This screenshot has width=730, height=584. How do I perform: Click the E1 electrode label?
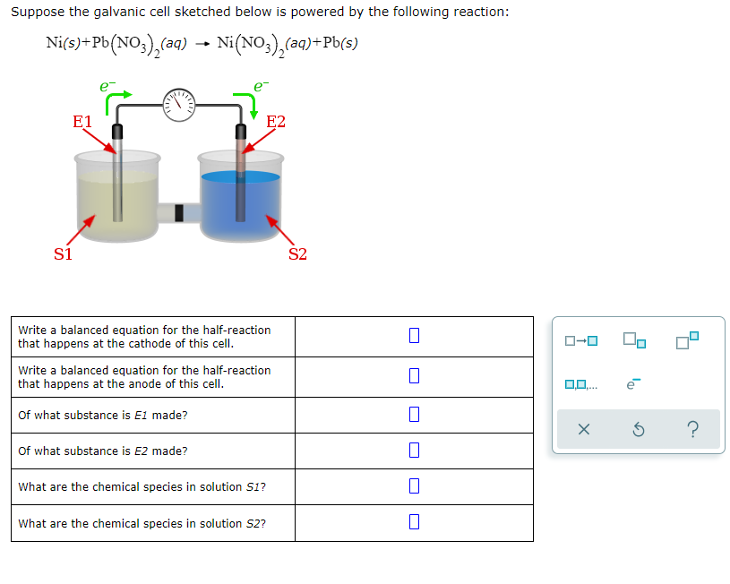click(x=82, y=121)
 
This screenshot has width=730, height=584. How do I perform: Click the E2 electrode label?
click(x=276, y=122)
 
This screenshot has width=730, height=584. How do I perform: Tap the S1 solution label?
click(x=63, y=253)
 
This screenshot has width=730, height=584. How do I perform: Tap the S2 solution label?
click(x=297, y=253)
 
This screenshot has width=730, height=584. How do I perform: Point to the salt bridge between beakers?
click(x=179, y=212)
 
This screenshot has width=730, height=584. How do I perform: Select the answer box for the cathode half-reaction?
click(x=413, y=336)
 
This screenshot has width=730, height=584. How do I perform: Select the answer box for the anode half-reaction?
click(x=413, y=376)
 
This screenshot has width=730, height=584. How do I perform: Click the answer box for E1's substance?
click(x=413, y=415)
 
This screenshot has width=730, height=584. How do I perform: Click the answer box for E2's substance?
click(x=413, y=451)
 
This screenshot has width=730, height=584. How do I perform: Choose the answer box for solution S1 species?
click(x=413, y=486)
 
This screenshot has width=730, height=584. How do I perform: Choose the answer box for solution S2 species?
click(x=413, y=523)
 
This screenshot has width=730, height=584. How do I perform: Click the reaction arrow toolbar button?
click(x=580, y=341)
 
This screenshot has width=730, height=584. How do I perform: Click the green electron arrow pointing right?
click(x=120, y=95)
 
